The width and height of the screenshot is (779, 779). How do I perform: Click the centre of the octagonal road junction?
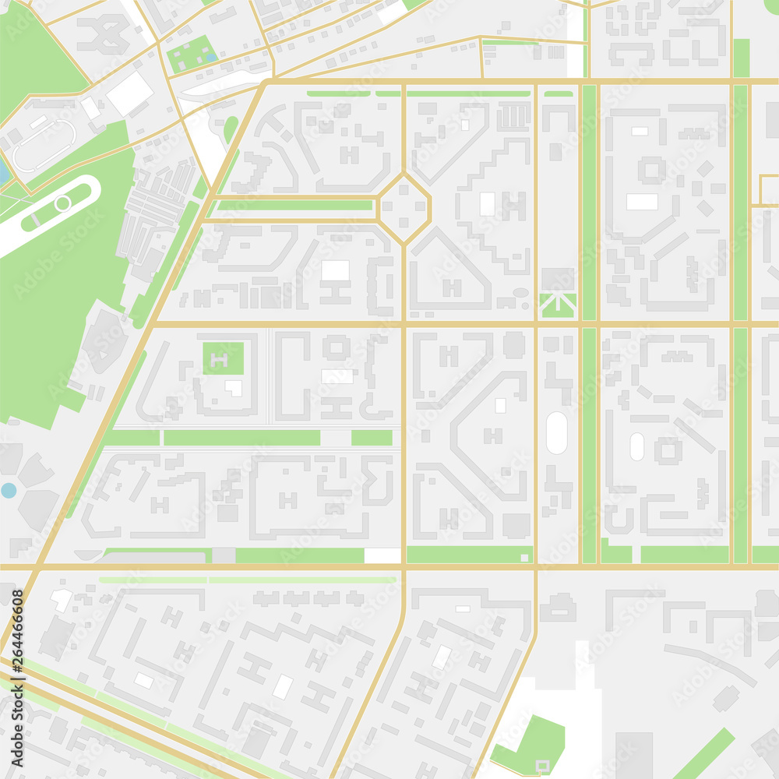(x=404, y=208)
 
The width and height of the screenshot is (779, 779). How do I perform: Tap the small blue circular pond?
(x=8, y=490)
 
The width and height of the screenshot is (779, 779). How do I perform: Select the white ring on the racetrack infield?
(x=62, y=203)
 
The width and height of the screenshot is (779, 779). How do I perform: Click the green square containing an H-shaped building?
(x=224, y=358)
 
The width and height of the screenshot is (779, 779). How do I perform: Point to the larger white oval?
(x=556, y=433)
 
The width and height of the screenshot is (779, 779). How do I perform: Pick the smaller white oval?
(x=636, y=446)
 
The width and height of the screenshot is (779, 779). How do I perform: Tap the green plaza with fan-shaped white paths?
(x=558, y=305)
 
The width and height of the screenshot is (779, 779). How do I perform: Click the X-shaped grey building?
(x=103, y=33)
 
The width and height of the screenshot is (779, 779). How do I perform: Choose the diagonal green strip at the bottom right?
(x=705, y=753)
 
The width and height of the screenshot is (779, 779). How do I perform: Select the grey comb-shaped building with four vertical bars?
(x=513, y=117)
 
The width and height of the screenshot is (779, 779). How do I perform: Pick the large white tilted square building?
(x=129, y=94)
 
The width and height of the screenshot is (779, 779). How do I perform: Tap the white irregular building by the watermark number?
(x=61, y=599)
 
